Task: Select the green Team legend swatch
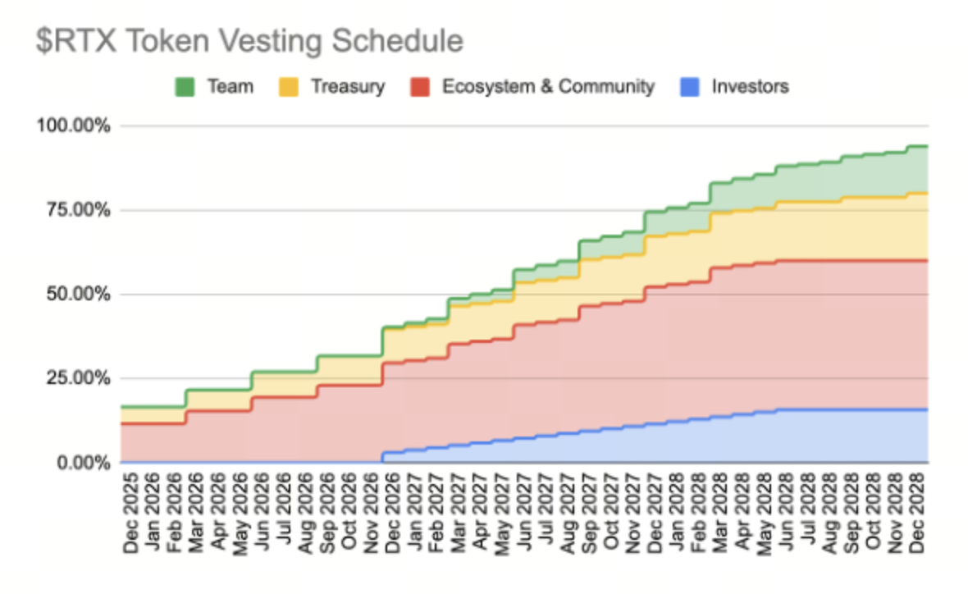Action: pyautogui.click(x=184, y=86)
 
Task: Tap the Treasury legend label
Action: pyautogui.click(x=348, y=86)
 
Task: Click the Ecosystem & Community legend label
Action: pyautogui.click(x=548, y=86)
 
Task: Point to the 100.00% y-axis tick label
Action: pyautogui.click(x=71, y=126)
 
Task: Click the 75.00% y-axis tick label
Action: pyautogui.click(x=75, y=210)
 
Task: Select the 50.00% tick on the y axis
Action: pyautogui.click(x=75, y=295)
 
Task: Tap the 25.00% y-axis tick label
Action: pyautogui.click(x=75, y=378)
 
